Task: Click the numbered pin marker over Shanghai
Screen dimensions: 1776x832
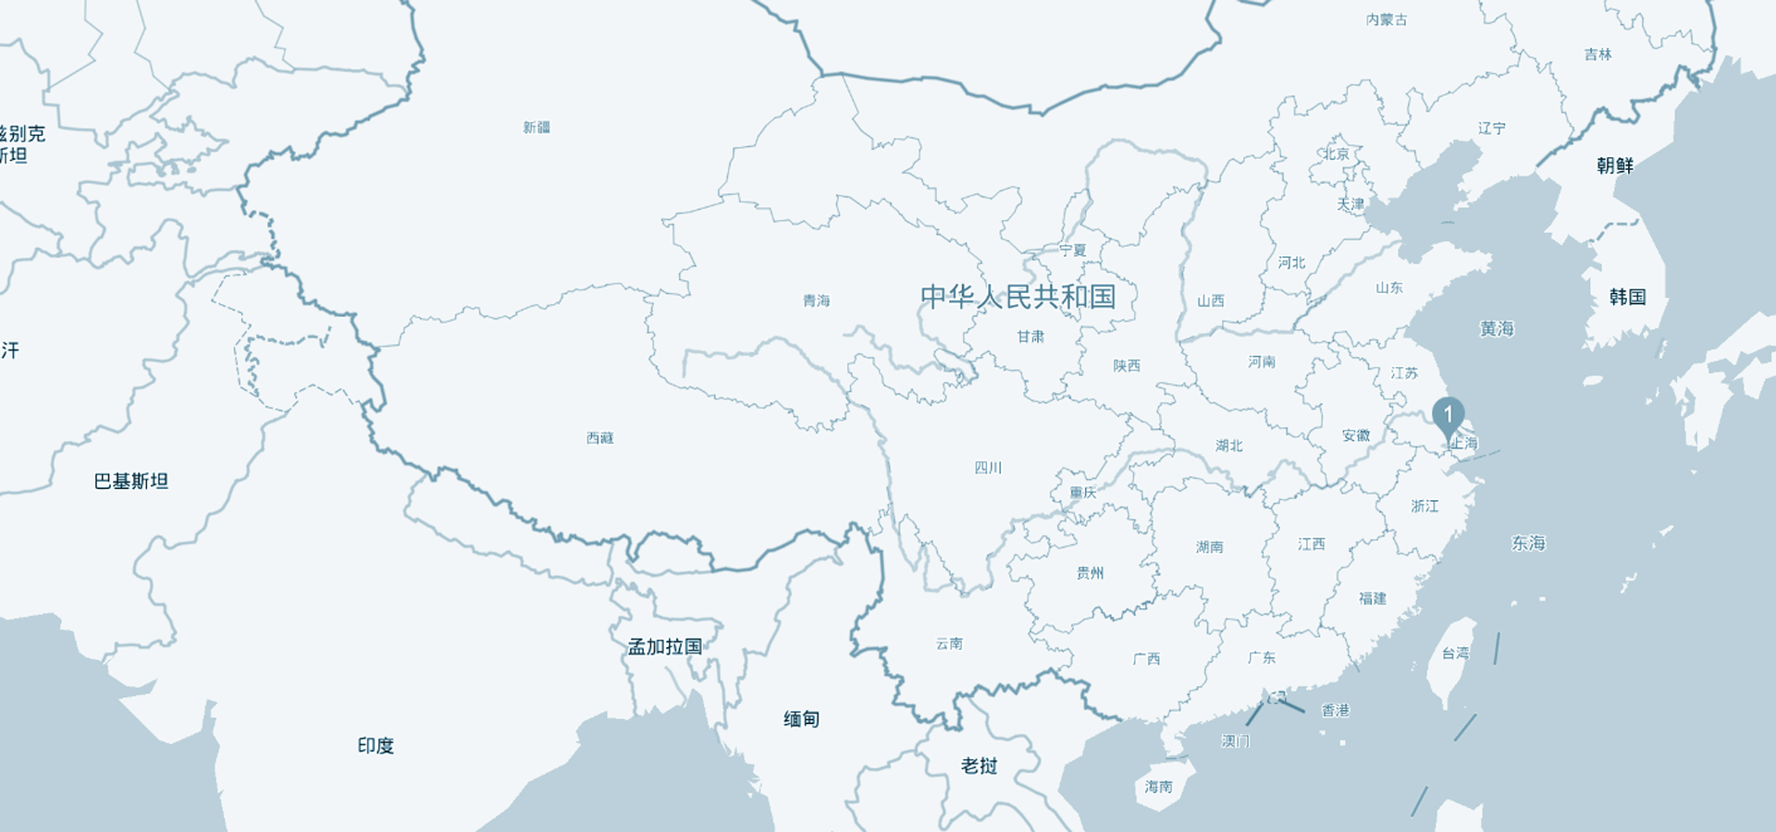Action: tap(1449, 415)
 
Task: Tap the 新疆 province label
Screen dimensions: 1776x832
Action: tap(536, 128)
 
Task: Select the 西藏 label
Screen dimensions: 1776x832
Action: tap(600, 437)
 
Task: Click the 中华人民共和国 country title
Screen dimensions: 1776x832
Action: tap(1017, 297)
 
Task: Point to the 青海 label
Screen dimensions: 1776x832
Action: tap(816, 300)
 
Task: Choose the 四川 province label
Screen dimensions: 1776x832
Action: tap(988, 468)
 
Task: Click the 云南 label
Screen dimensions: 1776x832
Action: tap(949, 643)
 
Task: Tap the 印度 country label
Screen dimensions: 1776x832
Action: tap(376, 746)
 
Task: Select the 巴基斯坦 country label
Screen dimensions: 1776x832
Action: tap(131, 482)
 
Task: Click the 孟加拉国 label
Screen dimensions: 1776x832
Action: tap(665, 647)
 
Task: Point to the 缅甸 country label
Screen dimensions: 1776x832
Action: tap(801, 719)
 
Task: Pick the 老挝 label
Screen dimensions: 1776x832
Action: tap(979, 766)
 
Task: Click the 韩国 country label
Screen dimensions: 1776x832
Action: tap(1627, 297)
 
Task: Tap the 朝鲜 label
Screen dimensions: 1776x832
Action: tap(1615, 165)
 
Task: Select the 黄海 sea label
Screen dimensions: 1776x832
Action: tap(1497, 329)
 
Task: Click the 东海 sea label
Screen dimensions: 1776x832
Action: tap(1528, 544)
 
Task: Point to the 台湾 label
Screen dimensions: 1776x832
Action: tap(1455, 654)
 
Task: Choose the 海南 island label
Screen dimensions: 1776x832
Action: tap(1158, 787)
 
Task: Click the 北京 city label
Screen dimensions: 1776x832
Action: tap(1336, 154)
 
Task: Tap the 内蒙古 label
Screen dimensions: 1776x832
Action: tap(1387, 20)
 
